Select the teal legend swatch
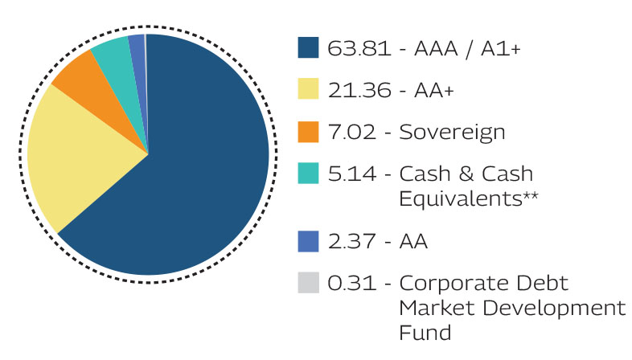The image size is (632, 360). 309,174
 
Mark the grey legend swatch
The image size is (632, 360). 309,284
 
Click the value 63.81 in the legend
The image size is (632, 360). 354,49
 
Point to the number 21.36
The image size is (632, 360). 354,91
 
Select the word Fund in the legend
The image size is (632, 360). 425,332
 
